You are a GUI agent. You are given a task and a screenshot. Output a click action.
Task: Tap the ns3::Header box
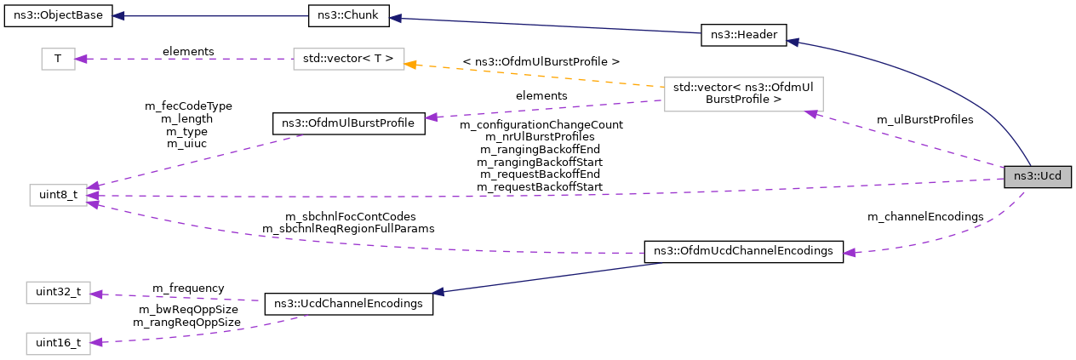click(742, 35)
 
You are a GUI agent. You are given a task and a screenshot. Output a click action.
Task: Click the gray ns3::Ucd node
click(1037, 177)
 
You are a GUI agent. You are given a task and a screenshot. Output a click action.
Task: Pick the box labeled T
click(58, 59)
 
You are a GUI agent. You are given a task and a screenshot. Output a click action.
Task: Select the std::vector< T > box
click(348, 59)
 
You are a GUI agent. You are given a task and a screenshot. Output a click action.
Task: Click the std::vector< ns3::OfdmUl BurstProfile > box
click(743, 94)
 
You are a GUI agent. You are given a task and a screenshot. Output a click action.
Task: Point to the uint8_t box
click(58, 195)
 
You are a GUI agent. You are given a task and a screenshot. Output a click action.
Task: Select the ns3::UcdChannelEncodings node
click(348, 304)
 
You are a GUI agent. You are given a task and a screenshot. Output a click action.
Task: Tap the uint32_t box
click(58, 292)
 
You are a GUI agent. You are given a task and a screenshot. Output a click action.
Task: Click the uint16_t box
click(58, 343)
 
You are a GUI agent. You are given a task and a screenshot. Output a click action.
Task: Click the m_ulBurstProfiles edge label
click(924, 120)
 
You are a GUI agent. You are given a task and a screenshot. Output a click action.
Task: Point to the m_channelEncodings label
click(924, 216)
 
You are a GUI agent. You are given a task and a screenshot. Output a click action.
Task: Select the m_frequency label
click(188, 288)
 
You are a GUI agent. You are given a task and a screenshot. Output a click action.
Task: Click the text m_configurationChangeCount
click(541, 124)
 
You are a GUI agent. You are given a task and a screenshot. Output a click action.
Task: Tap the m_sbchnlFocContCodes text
click(348, 216)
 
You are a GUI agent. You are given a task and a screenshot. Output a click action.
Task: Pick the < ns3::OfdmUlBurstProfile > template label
click(541, 61)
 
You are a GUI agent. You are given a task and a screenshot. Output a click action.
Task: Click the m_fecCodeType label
click(188, 106)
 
